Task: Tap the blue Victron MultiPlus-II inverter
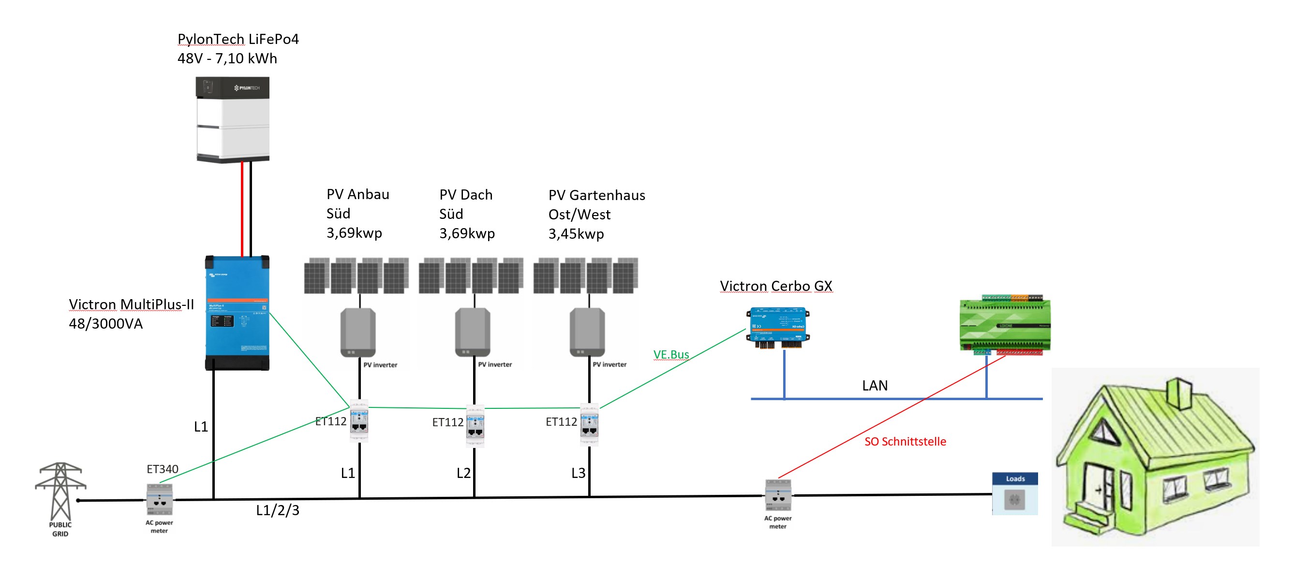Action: pyautogui.click(x=237, y=313)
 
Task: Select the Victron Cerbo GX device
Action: pyautogui.click(x=777, y=327)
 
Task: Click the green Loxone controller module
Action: pyautogui.click(x=1005, y=325)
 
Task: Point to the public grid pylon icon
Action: pyautogui.click(x=60, y=491)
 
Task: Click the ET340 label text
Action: pyautogui.click(x=162, y=469)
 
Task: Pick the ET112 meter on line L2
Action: pyautogui.click(x=475, y=426)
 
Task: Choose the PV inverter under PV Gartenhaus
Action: pyautogui.click(x=587, y=332)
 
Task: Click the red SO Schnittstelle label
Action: pyautogui.click(x=905, y=442)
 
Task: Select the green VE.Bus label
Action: pyautogui.click(x=671, y=355)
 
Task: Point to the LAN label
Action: pyautogui.click(x=875, y=386)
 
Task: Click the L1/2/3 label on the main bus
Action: pyautogui.click(x=278, y=510)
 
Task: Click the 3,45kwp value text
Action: pyautogui.click(x=576, y=234)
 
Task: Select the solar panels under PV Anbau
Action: pyautogui.click(x=357, y=276)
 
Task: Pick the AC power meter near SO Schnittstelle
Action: pyautogui.click(x=778, y=495)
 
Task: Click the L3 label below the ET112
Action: pyautogui.click(x=578, y=473)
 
